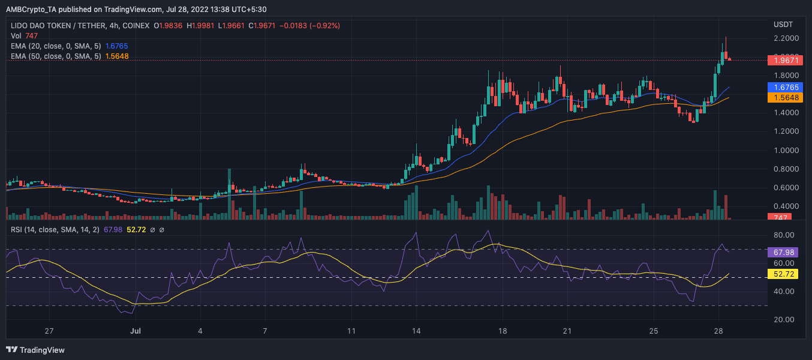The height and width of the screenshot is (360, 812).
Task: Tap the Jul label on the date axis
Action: coord(136,331)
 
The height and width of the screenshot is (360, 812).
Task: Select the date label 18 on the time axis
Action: coord(503,331)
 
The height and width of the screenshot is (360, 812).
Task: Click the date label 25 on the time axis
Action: coord(654,331)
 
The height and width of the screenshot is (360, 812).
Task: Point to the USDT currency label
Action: coord(783,24)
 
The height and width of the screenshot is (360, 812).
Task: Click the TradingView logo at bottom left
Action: coord(35,350)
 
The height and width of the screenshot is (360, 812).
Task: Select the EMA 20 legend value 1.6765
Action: coord(116,46)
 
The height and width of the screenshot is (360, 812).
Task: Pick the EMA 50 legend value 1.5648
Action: coord(116,56)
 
